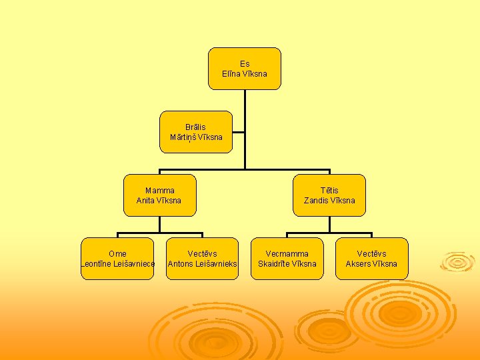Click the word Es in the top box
pyautogui.click(x=245, y=64)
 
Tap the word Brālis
pyautogui.click(x=196, y=127)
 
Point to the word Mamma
pyautogui.click(x=160, y=190)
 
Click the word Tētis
pyautogui.click(x=329, y=190)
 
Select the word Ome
pyautogui.click(x=117, y=253)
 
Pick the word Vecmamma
pyautogui.click(x=287, y=253)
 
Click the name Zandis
pyautogui.click(x=316, y=201)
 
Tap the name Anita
pyautogui.click(x=145, y=201)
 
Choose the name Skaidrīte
pyautogui.click(x=275, y=264)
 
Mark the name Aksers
pyautogui.click(x=357, y=264)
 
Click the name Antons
pyautogui.click(x=180, y=264)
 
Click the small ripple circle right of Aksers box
pyautogui.click(x=458, y=261)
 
